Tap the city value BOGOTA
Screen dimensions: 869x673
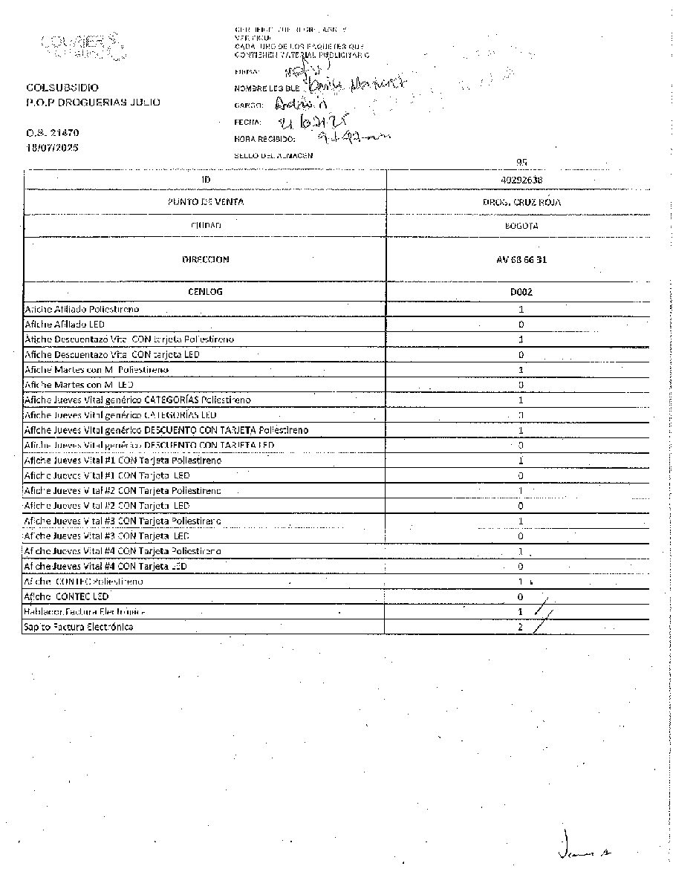[x=521, y=225]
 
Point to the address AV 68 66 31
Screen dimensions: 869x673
[x=521, y=260]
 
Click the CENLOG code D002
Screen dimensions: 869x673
[x=521, y=292]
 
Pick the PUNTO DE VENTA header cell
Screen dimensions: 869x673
[x=205, y=202]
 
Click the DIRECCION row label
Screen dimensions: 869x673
[x=205, y=260]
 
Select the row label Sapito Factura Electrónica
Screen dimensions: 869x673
[x=79, y=627]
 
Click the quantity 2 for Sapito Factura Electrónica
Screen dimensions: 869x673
[x=521, y=627]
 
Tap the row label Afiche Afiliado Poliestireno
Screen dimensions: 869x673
[x=82, y=308]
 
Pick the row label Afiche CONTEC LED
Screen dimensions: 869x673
[x=67, y=596]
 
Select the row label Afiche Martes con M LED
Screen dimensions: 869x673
[x=79, y=385]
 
